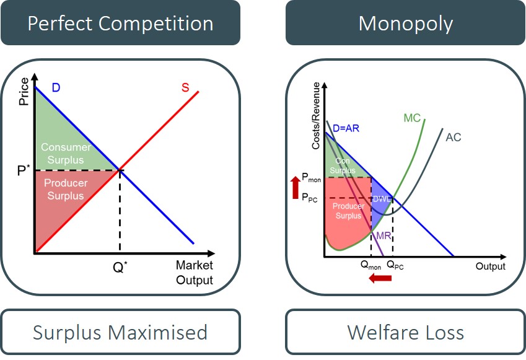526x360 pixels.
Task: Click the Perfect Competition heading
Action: [120, 24]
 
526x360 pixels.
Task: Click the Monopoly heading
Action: [405, 24]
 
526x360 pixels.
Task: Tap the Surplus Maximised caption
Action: [120, 332]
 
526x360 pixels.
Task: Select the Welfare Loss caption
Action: [405, 332]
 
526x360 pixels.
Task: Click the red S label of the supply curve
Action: [185, 87]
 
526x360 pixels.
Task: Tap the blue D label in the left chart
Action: [56, 88]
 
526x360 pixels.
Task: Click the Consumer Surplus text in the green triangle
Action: [66, 153]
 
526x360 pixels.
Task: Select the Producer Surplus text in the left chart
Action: [66, 190]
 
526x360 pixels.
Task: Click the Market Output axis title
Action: [194, 273]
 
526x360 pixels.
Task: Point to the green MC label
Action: [412, 118]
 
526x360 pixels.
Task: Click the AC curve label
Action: [454, 137]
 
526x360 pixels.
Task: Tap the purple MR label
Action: [384, 236]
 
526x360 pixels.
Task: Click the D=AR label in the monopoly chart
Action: [345, 128]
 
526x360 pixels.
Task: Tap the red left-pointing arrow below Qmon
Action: [380, 278]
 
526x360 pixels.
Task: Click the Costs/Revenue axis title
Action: [315, 118]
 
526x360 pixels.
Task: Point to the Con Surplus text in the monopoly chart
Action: [343, 165]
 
